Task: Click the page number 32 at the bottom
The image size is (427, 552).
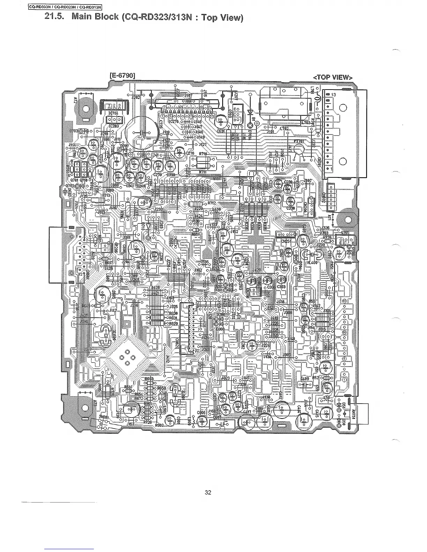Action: coord(208,492)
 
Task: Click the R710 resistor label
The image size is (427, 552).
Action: coord(203,154)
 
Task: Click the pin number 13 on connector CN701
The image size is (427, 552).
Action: coord(334,95)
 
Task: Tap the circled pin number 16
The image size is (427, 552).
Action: coord(344,301)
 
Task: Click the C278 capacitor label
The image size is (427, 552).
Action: coord(190,153)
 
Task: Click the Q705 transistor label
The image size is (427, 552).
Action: coord(345,233)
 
